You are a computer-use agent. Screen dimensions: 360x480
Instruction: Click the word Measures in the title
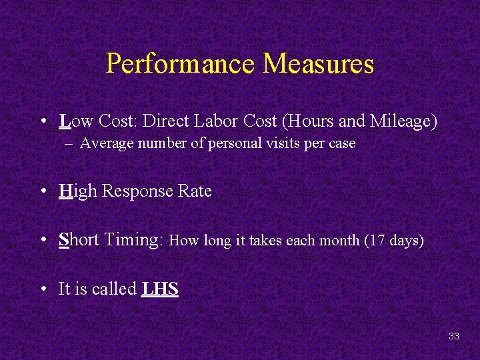click(x=319, y=65)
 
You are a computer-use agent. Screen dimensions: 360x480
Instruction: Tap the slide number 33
click(x=454, y=336)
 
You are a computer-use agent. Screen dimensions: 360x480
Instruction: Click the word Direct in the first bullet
click(x=167, y=121)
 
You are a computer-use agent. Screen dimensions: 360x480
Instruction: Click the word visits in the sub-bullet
click(x=282, y=143)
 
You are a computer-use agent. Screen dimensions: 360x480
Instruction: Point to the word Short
click(x=78, y=240)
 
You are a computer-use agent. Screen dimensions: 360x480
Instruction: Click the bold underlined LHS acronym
click(x=160, y=289)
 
